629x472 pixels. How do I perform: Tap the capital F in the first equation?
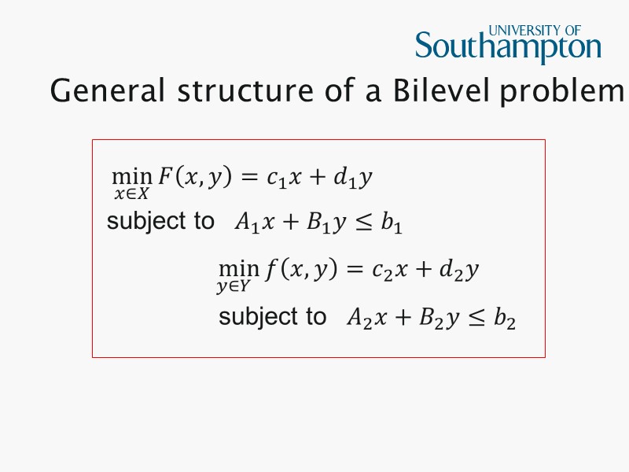(165, 177)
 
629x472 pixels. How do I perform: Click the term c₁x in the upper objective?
(284, 179)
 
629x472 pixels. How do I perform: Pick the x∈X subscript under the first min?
(131, 194)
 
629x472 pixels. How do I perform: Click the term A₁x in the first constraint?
(254, 223)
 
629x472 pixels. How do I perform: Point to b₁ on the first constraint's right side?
(392, 223)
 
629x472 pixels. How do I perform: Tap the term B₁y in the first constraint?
(328, 223)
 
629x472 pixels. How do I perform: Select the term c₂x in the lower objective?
(391, 271)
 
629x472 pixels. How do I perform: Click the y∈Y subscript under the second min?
(234, 287)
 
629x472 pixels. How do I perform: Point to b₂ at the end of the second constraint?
(504, 318)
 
